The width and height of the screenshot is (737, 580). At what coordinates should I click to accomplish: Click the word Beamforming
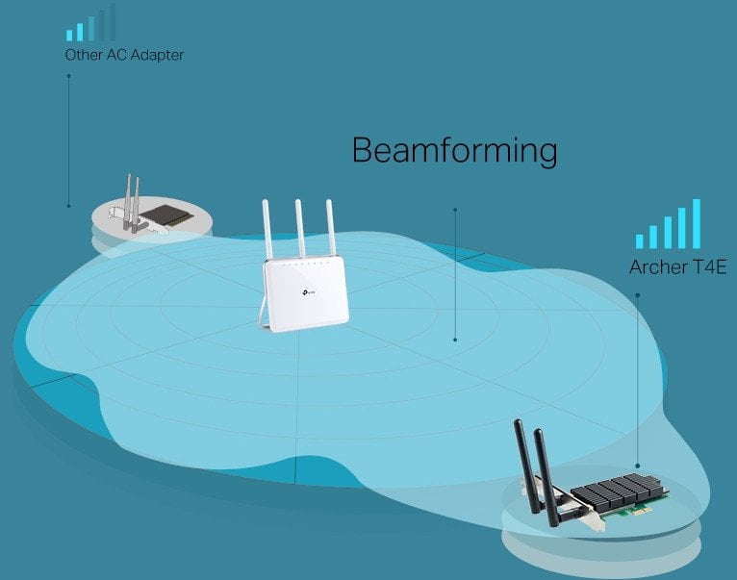(x=454, y=151)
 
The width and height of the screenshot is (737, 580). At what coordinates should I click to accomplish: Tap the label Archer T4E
(x=677, y=267)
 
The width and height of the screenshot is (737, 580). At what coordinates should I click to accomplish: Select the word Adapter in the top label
(x=157, y=56)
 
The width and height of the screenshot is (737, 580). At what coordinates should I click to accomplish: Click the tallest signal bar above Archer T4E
(x=697, y=224)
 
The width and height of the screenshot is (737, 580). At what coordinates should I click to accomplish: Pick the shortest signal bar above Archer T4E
(x=639, y=241)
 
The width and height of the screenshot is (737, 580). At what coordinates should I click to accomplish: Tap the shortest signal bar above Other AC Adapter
(x=69, y=36)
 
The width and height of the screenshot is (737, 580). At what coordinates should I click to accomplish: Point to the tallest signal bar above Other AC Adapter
(x=113, y=22)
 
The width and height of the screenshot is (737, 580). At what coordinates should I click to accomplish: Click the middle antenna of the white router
(x=300, y=228)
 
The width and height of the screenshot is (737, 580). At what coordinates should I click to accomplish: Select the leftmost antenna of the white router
(x=267, y=229)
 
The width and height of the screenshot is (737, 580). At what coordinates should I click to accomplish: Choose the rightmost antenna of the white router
(x=330, y=227)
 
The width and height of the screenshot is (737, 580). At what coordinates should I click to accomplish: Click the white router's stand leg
(x=265, y=312)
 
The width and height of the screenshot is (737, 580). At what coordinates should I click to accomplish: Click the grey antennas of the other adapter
(x=132, y=203)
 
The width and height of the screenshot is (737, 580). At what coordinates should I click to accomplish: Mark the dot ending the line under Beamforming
(x=455, y=340)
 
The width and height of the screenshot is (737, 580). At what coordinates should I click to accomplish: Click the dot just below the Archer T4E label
(x=637, y=295)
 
